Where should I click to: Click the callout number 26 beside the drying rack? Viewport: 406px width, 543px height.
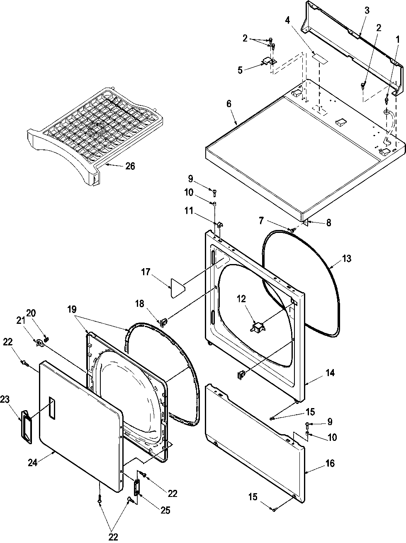pyautogui.click(x=130, y=166)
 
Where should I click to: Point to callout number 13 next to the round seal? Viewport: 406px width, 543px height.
pyautogui.click(x=347, y=259)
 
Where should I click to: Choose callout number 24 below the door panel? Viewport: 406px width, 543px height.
pyautogui.click(x=33, y=462)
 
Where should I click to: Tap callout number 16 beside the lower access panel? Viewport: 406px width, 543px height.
pyautogui.click(x=330, y=463)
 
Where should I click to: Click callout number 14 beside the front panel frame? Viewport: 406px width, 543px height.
pyautogui.click(x=330, y=373)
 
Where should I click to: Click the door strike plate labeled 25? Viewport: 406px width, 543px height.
pyautogui.click(x=136, y=486)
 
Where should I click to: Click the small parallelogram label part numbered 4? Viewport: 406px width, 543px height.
pyautogui.click(x=319, y=57)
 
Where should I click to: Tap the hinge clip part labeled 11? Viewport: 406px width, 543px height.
pyautogui.click(x=219, y=225)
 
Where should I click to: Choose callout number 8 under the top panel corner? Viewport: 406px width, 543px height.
pyautogui.click(x=328, y=223)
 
